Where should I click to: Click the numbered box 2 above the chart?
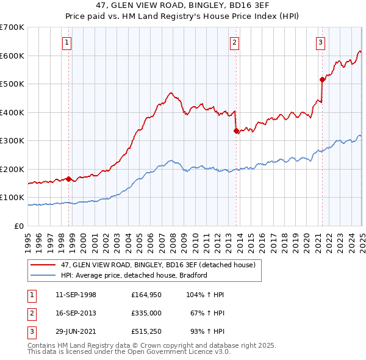[235, 42]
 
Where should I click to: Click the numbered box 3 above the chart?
[321, 42]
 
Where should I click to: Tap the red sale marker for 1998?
[69, 179]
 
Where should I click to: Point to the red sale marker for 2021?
[321, 79]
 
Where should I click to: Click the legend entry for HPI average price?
[134, 275]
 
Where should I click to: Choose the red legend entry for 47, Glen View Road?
[162, 264]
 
